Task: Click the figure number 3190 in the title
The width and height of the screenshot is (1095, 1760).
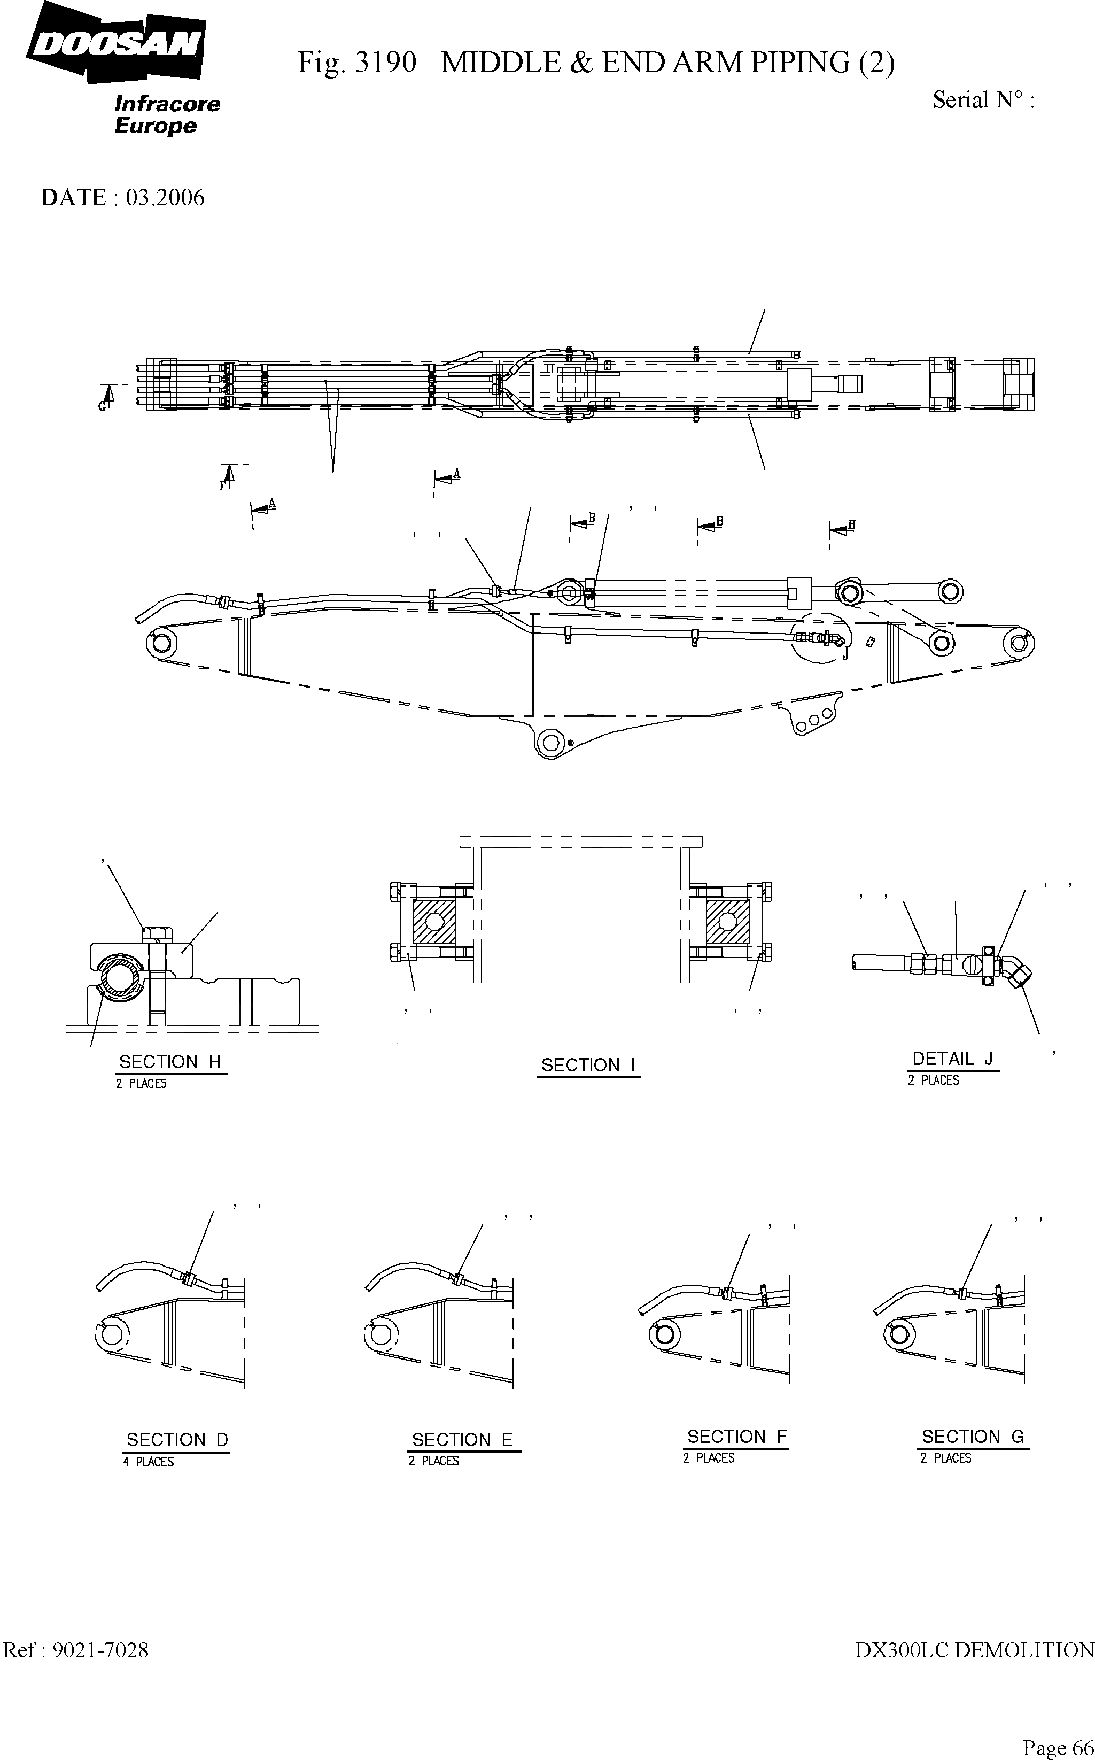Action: (386, 63)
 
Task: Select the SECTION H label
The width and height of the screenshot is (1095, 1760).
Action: (169, 1062)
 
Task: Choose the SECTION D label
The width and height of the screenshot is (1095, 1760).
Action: (177, 1440)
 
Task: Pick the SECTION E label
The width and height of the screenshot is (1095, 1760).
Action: (462, 1439)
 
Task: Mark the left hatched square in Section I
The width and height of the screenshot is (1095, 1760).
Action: (434, 921)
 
